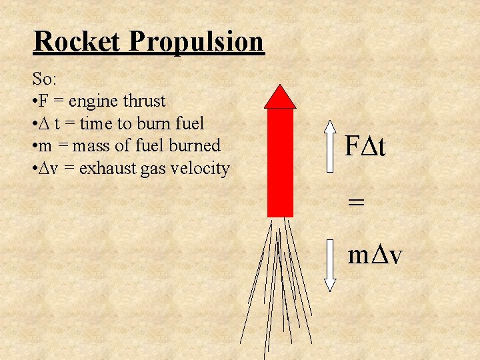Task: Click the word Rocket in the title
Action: (x=77, y=41)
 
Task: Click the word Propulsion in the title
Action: (x=197, y=43)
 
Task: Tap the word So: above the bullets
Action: (x=45, y=79)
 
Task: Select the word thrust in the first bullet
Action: (x=143, y=101)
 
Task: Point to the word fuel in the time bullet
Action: (x=189, y=123)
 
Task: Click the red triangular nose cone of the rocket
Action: (x=280, y=99)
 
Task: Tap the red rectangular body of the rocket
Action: (x=280, y=162)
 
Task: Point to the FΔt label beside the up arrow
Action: (x=365, y=146)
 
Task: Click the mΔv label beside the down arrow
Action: (x=375, y=255)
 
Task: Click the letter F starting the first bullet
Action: (x=43, y=101)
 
